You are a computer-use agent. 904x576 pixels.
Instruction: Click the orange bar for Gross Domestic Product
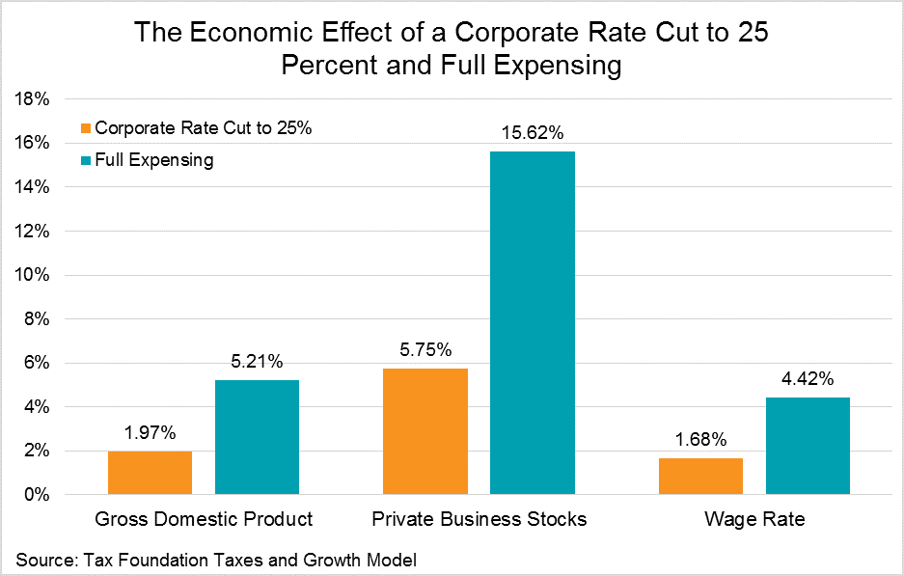[150, 473]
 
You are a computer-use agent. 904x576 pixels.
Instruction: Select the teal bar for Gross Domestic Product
[257, 437]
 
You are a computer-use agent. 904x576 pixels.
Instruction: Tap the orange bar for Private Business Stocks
[425, 431]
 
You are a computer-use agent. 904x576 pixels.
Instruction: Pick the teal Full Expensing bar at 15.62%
[532, 323]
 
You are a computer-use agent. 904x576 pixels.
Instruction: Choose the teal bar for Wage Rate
[808, 446]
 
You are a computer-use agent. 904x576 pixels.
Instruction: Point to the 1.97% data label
[150, 433]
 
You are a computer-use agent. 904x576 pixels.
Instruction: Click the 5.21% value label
[257, 362]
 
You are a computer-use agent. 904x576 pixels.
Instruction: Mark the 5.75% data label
[425, 350]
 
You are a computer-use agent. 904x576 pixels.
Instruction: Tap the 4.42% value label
[808, 379]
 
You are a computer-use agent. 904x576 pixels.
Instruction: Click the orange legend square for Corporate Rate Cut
[85, 128]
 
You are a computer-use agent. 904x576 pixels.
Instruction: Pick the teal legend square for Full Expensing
[85, 160]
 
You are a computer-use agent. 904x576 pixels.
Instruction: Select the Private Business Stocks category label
[479, 519]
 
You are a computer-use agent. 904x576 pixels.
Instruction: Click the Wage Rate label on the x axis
[753, 519]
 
